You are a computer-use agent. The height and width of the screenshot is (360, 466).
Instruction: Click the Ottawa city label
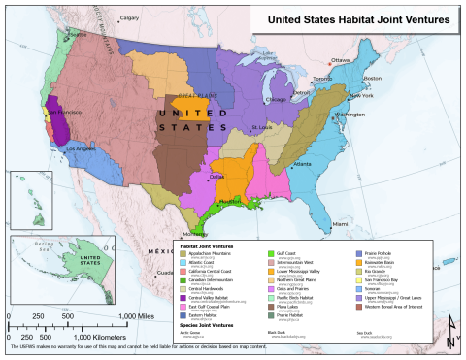(340, 60)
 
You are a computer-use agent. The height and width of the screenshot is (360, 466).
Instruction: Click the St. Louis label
(259, 127)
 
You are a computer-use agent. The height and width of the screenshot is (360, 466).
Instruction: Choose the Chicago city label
(276, 99)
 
